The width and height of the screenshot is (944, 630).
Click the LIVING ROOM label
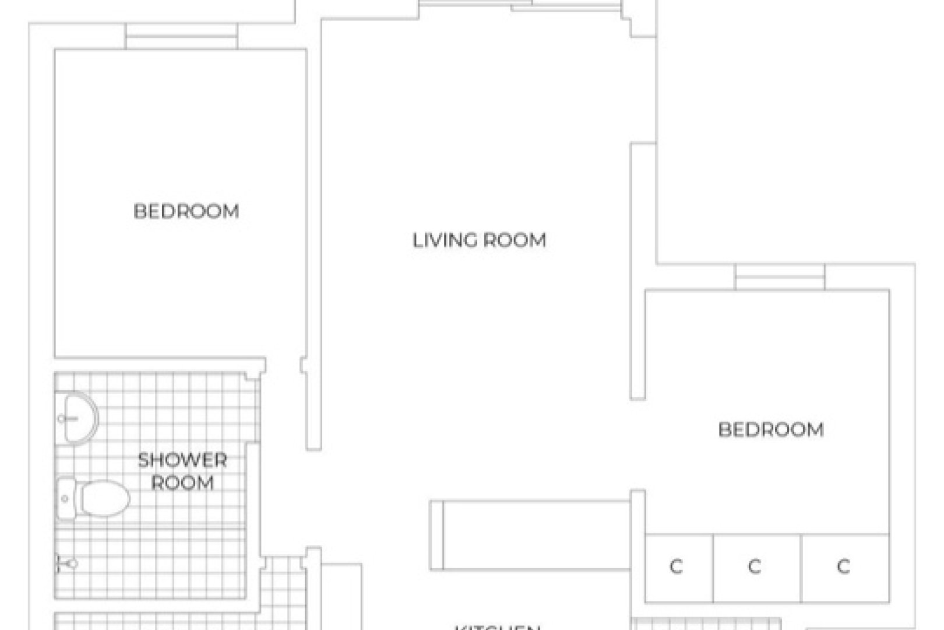point(479,240)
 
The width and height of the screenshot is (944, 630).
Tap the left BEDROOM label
point(186,211)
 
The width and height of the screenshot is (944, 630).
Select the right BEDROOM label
point(770,430)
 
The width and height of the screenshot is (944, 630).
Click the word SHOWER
point(182,460)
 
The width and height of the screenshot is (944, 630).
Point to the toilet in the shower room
point(104,499)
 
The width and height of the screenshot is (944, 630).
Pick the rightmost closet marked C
point(844,566)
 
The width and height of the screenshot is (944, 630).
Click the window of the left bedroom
point(182,37)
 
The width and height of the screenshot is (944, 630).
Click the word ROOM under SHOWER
point(182,483)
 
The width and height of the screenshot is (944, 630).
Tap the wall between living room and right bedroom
point(638,271)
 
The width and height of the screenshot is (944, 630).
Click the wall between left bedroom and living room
point(314,233)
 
